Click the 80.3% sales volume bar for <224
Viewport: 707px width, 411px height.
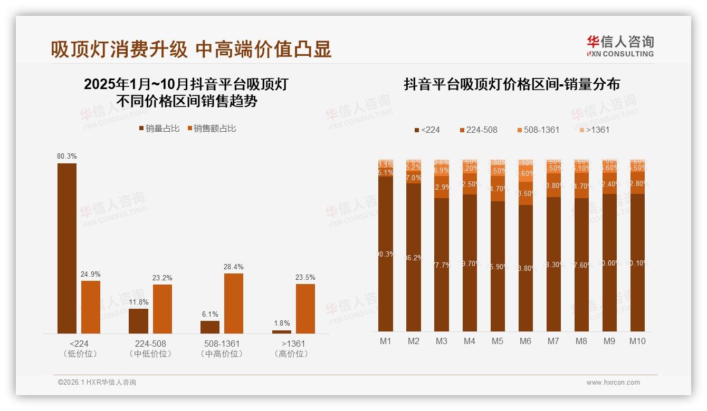tap(67, 248)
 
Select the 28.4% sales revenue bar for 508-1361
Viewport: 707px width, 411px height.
tap(234, 303)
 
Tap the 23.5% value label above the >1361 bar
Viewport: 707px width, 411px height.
tap(305, 278)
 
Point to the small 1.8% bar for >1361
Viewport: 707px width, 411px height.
tap(282, 331)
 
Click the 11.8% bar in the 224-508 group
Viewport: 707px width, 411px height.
tap(138, 321)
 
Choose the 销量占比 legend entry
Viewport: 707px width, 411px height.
tap(159, 129)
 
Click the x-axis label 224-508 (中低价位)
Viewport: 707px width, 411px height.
tap(150, 348)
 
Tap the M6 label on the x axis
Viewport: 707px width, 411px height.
tap(525, 341)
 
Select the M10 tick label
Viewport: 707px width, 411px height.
tap(637, 341)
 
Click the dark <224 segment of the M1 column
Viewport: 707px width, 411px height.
tap(386, 253)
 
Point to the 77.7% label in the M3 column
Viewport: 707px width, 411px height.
tap(442, 265)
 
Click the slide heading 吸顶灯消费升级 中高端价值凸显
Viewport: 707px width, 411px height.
tap(191, 50)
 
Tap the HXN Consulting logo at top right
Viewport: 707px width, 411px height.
tap(620, 46)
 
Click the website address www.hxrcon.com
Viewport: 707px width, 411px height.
tap(613, 383)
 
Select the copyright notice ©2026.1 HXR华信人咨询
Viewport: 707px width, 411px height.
tap(97, 383)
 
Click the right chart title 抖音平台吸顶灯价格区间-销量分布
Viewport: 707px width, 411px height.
tap(512, 84)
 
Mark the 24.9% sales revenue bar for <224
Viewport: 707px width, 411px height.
tap(91, 307)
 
